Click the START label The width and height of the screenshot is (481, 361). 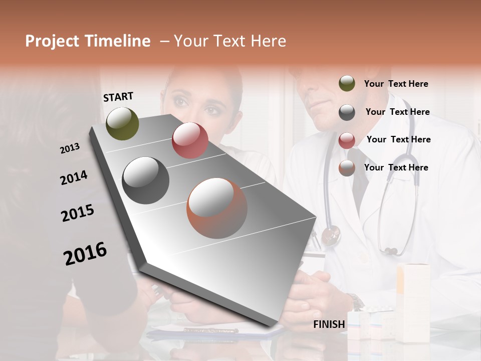click(118, 97)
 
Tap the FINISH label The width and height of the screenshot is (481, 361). click(329, 324)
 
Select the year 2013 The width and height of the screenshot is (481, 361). click(70, 148)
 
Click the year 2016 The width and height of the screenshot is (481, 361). click(85, 253)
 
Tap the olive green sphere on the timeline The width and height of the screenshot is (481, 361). click(122, 123)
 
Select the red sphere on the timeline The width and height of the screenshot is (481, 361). click(190, 140)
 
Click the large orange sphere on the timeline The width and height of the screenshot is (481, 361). click(217, 208)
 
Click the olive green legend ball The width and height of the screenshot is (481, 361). click(347, 84)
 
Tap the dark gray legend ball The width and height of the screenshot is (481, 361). click(347, 112)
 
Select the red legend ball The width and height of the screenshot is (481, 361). click(347, 140)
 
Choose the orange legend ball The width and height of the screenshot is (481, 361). click(347, 168)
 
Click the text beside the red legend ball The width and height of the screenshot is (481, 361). click(398, 139)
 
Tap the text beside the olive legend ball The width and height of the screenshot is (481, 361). click(396, 84)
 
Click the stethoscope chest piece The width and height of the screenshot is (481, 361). click(331, 235)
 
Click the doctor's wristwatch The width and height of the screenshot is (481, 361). click(356, 301)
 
